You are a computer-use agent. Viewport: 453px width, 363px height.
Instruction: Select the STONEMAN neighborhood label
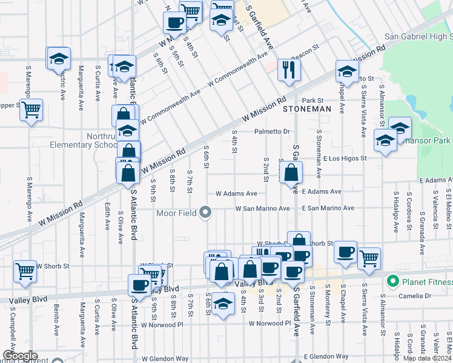(x=307, y=109)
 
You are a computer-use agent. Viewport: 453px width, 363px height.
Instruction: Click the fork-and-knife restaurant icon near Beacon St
(x=289, y=70)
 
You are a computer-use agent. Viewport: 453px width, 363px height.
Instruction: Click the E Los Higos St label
(x=345, y=159)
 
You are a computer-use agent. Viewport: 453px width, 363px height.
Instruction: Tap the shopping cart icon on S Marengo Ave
(x=31, y=110)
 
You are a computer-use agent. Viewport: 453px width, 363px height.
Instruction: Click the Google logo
(x=19, y=356)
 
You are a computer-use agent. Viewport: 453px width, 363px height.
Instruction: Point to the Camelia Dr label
(x=415, y=296)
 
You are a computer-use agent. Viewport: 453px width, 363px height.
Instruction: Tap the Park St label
(x=314, y=100)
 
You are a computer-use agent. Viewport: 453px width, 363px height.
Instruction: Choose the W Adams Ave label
(x=236, y=194)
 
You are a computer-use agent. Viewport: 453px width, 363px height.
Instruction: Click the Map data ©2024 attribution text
(x=426, y=358)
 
